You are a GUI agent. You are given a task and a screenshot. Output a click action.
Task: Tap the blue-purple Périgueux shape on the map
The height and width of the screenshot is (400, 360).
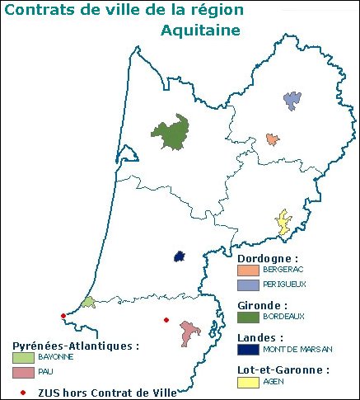point(292,101)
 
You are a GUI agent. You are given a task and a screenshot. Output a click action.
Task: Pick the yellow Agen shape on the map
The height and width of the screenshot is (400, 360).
point(284,223)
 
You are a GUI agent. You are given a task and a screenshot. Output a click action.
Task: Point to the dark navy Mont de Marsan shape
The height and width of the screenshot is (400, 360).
point(180,256)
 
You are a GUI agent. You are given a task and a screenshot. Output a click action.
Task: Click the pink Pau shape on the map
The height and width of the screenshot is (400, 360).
point(190,333)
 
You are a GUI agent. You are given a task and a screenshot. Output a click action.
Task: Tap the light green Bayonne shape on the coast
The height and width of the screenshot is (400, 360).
point(88,303)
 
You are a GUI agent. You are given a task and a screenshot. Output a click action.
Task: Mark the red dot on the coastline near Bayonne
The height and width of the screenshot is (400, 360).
point(63,315)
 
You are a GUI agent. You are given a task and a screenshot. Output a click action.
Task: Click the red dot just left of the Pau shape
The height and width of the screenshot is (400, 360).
point(166,320)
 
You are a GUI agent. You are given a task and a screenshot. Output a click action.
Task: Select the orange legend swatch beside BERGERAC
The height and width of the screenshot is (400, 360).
point(248,270)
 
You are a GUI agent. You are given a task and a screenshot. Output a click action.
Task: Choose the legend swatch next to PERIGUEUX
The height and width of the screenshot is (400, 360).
point(248,285)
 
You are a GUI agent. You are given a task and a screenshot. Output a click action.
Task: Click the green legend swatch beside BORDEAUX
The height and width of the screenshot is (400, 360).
point(248,316)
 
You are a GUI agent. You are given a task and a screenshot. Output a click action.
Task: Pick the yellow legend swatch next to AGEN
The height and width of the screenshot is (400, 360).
point(248,382)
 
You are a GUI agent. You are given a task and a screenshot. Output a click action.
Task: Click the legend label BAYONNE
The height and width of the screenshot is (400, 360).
point(56,357)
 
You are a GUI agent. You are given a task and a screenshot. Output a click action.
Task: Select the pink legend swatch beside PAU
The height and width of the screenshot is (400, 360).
point(23,373)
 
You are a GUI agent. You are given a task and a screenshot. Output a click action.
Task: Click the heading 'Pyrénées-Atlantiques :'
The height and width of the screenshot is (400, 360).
point(75,346)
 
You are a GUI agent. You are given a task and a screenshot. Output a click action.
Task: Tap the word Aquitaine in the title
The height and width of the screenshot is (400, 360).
point(201,31)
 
